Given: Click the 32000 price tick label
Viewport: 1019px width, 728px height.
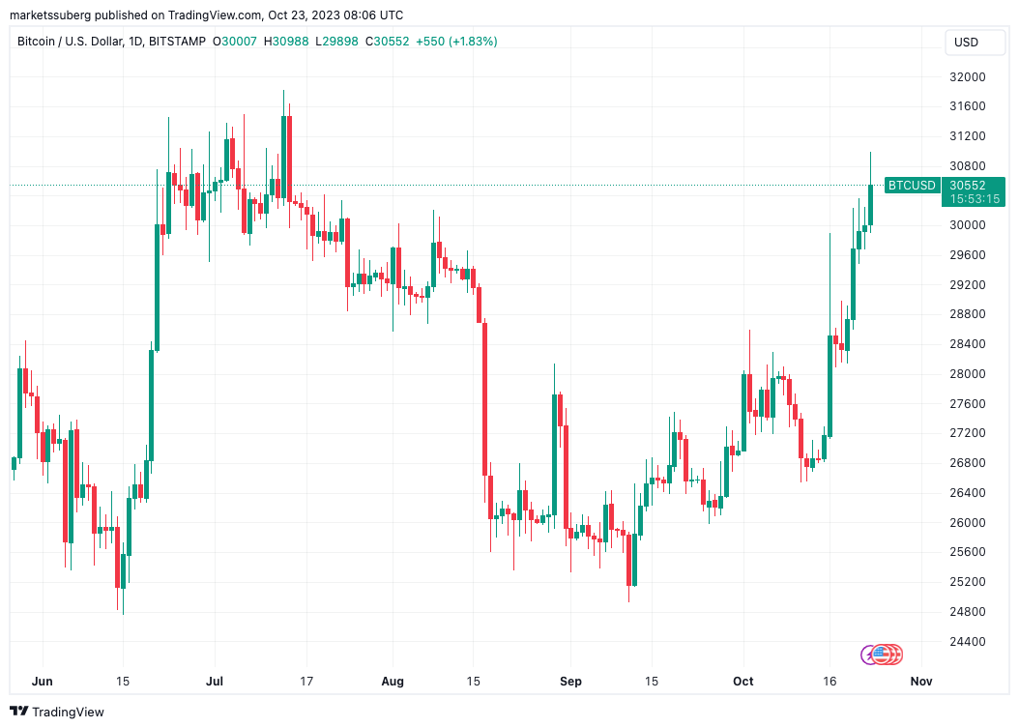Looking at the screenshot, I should [x=967, y=76].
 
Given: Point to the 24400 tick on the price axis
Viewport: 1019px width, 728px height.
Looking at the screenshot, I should [x=967, y=641].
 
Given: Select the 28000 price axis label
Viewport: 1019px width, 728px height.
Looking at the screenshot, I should [x=967, y=374].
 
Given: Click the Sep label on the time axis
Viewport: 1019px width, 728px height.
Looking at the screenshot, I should [x=570, y=681].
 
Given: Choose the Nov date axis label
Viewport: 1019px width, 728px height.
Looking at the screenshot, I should [x=920, y=681].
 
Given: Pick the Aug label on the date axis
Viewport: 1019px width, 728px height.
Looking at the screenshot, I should [x=393, y=681].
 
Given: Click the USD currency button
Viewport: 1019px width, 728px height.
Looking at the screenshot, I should [x=966, y=42].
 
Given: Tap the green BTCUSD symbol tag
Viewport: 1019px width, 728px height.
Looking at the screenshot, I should [x=912, y=185].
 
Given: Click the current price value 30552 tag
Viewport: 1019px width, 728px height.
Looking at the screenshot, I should [x=967, y=185].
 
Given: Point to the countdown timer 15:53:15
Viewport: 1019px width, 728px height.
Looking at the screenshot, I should [x=975, y=198].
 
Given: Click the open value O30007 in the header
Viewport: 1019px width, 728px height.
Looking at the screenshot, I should [x=238, y=42].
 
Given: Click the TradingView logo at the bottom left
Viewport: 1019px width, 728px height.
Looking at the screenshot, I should [x=57, y=712].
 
